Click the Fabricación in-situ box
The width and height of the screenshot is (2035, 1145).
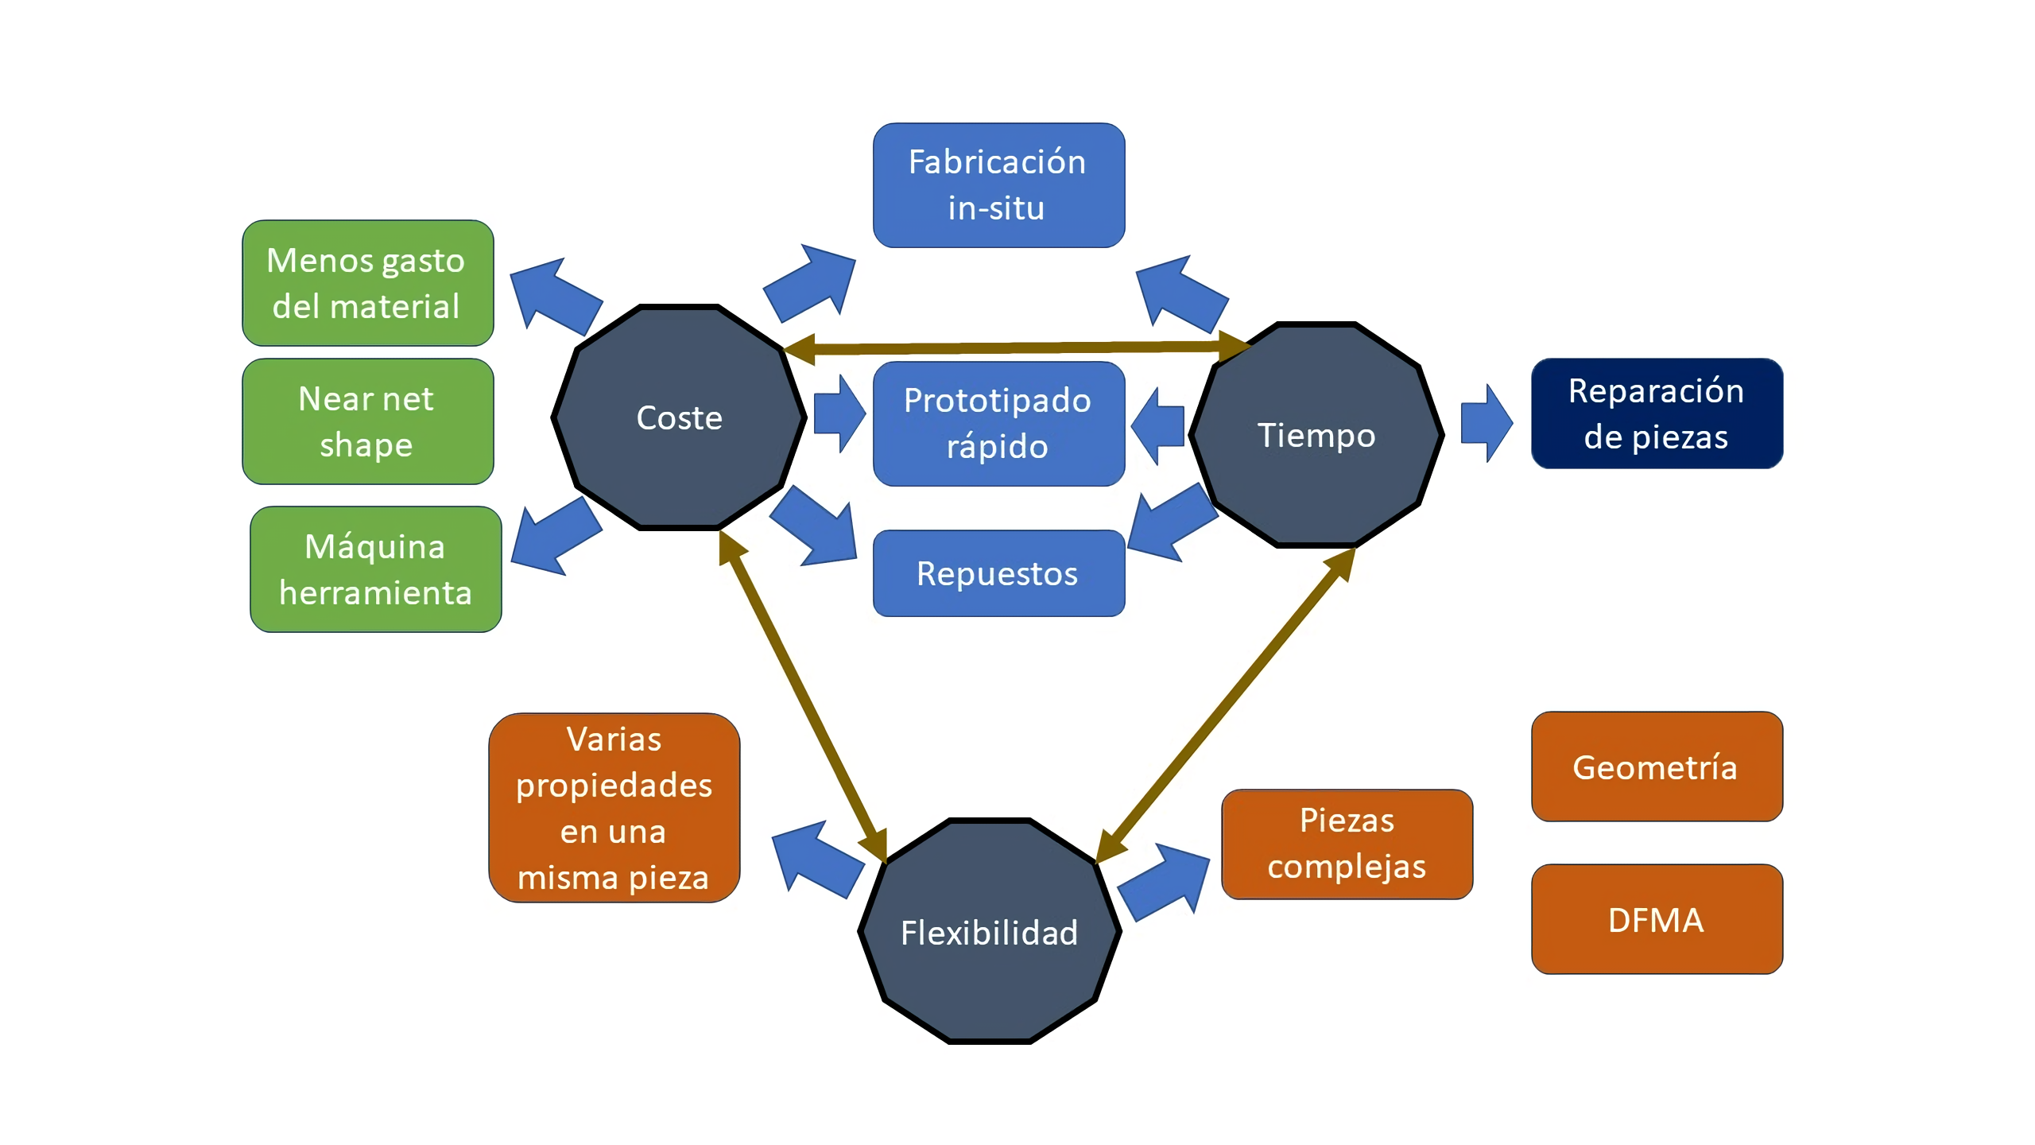coord(998,185)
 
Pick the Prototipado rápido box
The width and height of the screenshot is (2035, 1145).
coord(998,424)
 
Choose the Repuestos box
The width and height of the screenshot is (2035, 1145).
coord(998,573)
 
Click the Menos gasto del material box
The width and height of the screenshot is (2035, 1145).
coord(367,283)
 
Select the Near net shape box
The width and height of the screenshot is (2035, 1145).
coord(367,421)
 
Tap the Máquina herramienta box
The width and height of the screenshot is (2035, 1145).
coord(375,569)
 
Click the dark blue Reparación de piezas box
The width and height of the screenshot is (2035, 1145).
coord(1657,413)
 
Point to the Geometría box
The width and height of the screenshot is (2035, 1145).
coord(1657,767)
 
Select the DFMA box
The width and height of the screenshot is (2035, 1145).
coord(1657,919)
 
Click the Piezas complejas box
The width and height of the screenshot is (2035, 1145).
coord(1347,844)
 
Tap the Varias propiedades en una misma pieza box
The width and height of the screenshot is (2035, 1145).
coord(614,808)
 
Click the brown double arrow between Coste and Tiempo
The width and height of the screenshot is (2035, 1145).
coord(1017,347)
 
